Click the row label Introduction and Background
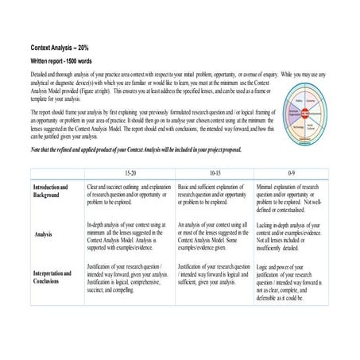(50, 191)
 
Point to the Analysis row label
(45, 234)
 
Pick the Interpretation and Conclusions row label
(52, 277)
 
